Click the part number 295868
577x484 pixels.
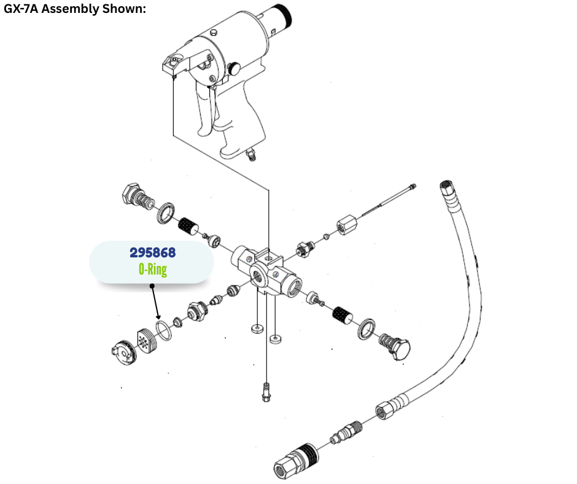point(152,253)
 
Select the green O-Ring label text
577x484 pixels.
point(152,269)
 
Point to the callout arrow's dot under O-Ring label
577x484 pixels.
point(152,285)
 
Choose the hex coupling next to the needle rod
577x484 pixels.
point(346,225)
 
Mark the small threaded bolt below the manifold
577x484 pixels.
point(266,391)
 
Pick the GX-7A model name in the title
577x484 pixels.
point(26,10)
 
